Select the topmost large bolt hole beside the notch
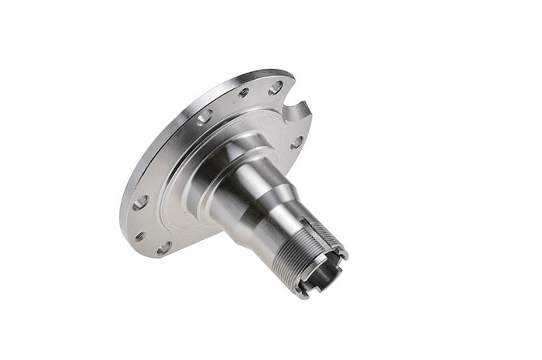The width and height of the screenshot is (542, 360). coord(275,87)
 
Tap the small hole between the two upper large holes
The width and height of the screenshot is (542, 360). coord(244,92)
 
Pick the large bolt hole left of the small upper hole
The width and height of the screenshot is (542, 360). coord(204,117)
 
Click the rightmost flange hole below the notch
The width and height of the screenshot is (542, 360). coord(297,142)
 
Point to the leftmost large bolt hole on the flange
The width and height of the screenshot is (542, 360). coord(140,203)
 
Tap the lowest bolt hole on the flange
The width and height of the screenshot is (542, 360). coord(164,249)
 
